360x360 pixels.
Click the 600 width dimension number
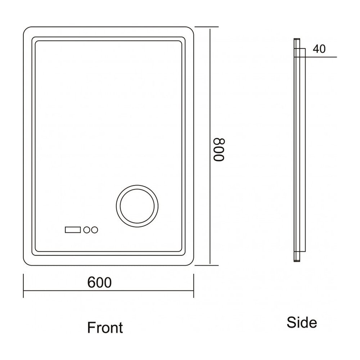(x=99, y=282)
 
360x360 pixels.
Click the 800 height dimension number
(x=219, y=150)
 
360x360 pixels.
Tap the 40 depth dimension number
(x=319, y=49)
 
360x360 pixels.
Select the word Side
(x=302, y=322)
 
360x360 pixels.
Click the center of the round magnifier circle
(x=137, y=206)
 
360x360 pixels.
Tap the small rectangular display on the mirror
(x=73, y=230)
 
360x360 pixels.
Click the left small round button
(x=87, y=230)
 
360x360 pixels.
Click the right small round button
(x=95, y=230)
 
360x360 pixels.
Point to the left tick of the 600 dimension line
(x=23, y=285)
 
